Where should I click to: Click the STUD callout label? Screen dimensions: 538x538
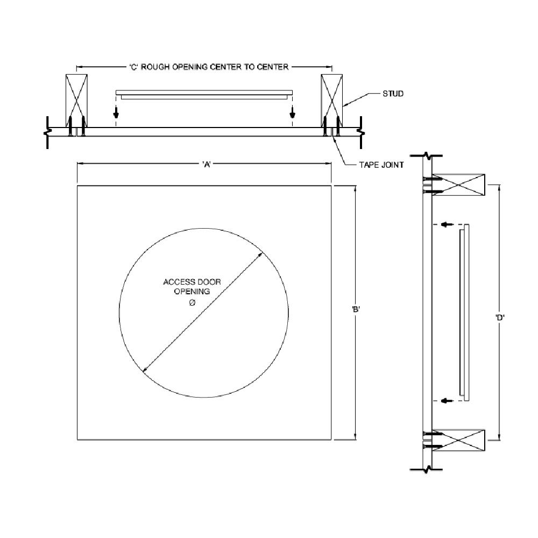[393, 94]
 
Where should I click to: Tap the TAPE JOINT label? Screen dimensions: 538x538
[381, 165]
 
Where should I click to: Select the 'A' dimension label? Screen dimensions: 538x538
[207, 164]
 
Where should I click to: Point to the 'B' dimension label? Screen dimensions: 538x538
[356, 309]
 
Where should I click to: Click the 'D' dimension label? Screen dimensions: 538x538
[500, 318]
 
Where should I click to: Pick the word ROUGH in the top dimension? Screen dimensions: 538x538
[155, 67]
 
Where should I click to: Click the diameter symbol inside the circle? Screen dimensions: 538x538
[192, 302]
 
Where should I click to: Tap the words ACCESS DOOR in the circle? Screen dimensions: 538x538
[192, 282]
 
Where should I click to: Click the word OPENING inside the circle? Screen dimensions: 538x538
[192, 292]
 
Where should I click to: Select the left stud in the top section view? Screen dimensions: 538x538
[76, 101]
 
